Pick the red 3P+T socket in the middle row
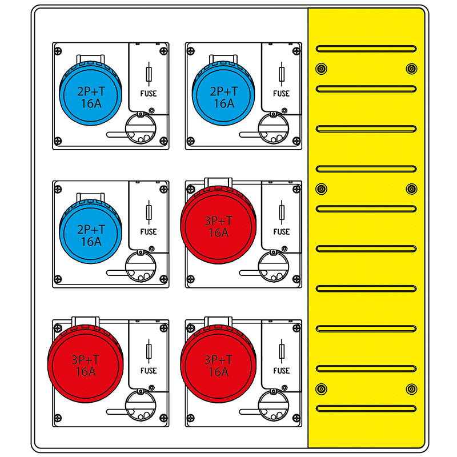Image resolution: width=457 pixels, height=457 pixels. (x=218, y=225)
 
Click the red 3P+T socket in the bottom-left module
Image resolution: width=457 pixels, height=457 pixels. (x=85, y=364)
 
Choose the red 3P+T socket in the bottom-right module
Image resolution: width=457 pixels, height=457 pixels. (x=218, y=364)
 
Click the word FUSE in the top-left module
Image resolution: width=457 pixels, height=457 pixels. (x=149, y=94)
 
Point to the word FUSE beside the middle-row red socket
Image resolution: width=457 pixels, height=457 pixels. (x=282, y=232)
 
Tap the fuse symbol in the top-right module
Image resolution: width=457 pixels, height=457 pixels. (x=282, y=74)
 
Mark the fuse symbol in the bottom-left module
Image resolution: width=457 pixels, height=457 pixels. (x=149, y=351)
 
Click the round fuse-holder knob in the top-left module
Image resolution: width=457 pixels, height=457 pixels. (x=141, y=128)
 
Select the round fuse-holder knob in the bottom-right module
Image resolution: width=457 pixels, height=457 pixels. (x=274, y=406)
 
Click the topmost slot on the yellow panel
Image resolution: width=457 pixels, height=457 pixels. (x=366, y=49)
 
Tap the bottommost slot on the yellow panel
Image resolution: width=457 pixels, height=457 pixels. (x=366, y=408)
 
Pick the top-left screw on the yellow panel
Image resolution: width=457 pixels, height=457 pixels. (x=321, y=69)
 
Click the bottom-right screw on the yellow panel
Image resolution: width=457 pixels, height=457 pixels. (x=411, y=389)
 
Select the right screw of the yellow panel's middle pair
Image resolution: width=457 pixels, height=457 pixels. (x=411, y=189)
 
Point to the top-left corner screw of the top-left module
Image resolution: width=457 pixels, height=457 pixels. (x=58, y=51)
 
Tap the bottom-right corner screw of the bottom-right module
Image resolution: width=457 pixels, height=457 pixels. (x=296, y=418)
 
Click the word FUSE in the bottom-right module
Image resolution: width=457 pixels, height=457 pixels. (x=282, y=371)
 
